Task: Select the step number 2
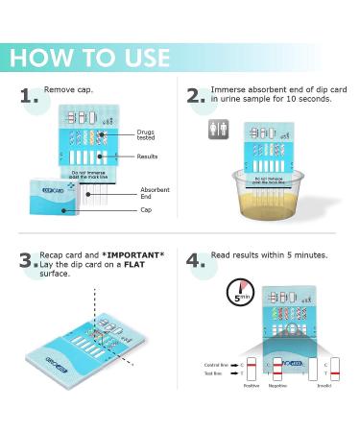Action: click(197, 95)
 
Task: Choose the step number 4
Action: click(197, 260)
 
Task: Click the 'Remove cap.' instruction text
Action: click(74, 89)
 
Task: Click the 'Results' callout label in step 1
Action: click(147, 156)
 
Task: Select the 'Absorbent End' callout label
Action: click(154, 193)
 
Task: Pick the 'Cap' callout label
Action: click(145, 208)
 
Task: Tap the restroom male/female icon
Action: click(218, 129)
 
